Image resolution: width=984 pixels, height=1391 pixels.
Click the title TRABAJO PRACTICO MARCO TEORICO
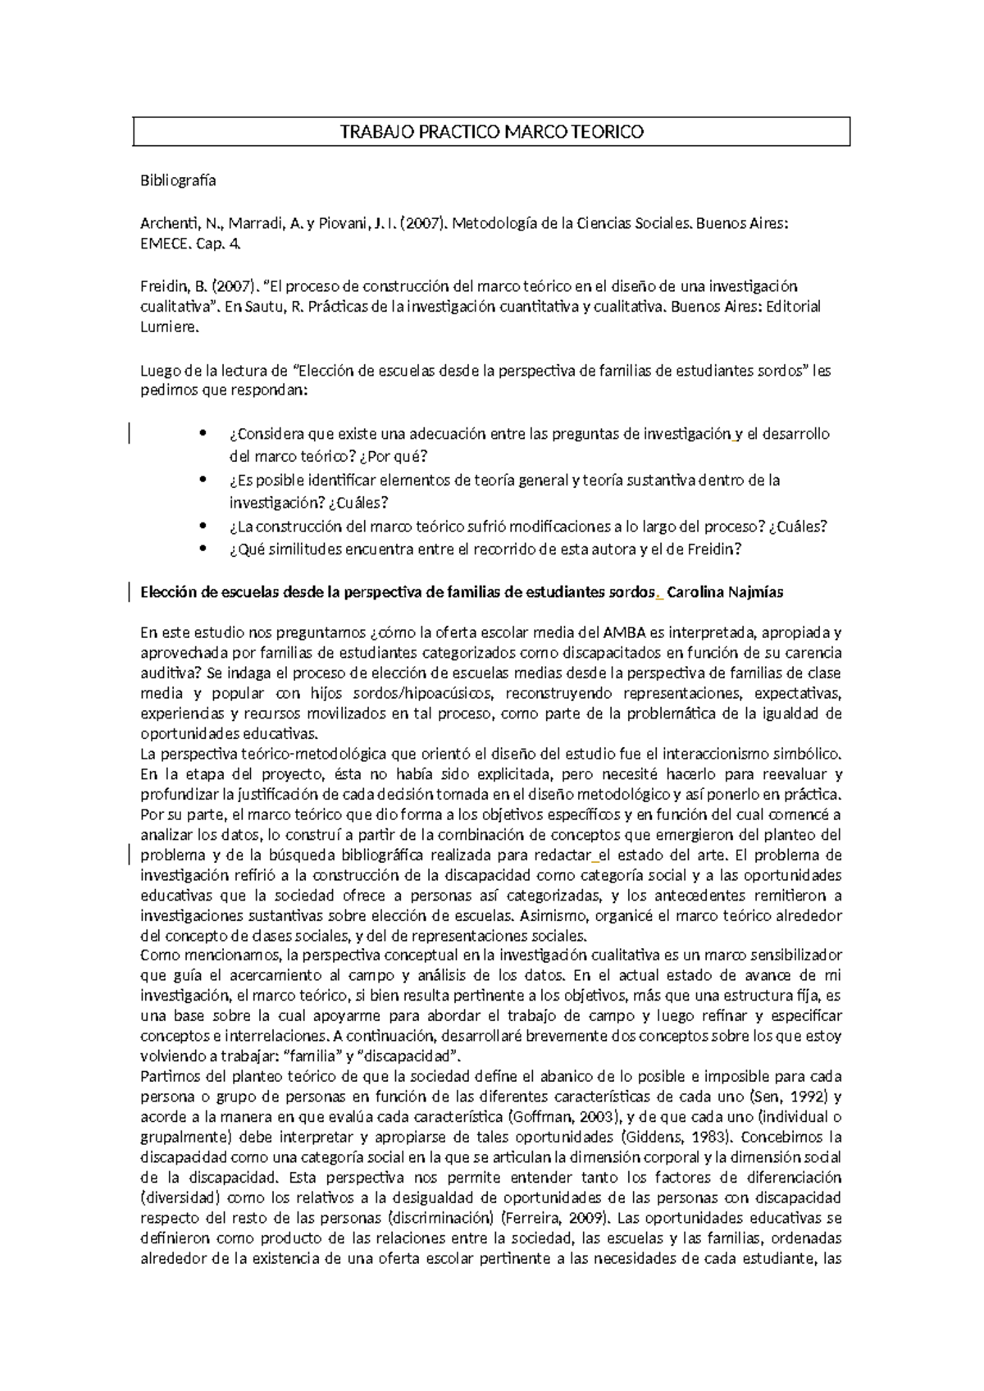pos(492,132)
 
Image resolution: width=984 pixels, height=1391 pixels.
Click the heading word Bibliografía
pos(178,181)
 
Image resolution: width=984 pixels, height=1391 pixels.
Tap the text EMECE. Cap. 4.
pos(191,244)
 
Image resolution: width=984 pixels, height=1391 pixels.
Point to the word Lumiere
pos(168,327)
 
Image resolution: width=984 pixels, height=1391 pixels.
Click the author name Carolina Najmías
pos(726,592)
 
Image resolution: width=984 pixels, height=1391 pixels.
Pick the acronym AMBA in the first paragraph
pos(625,632)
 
